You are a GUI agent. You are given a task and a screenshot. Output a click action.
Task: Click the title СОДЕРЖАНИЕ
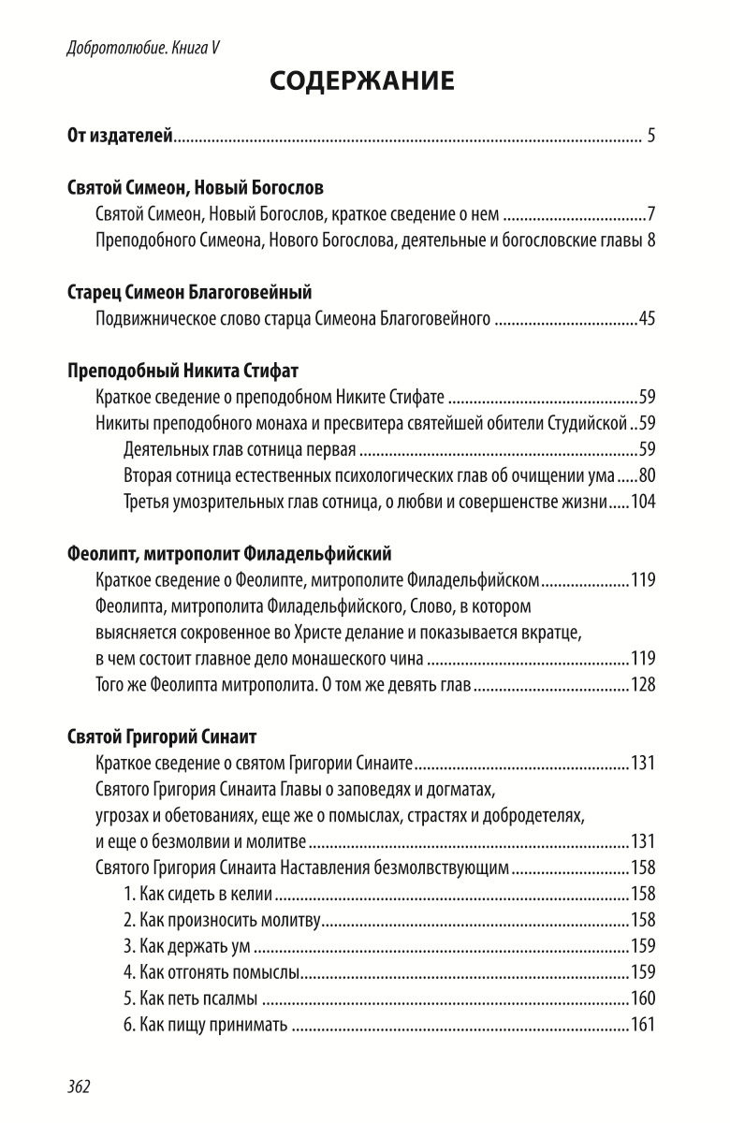click(x=362, y=82)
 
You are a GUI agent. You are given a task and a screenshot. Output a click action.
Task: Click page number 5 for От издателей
click(x=650, y=137)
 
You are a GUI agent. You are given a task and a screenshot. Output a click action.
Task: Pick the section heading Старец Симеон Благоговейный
click(x=190, y=293)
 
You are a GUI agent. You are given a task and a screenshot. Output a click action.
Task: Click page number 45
click(x=646, y=320)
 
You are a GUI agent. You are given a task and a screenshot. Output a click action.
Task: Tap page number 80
click(x=646, y=474)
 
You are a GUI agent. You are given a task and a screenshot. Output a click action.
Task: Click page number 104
click(x=643, y=501)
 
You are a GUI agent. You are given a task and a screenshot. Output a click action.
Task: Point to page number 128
click(x=643, y=683)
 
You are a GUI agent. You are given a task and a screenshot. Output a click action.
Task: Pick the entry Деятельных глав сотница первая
click(x=241, y=448)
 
